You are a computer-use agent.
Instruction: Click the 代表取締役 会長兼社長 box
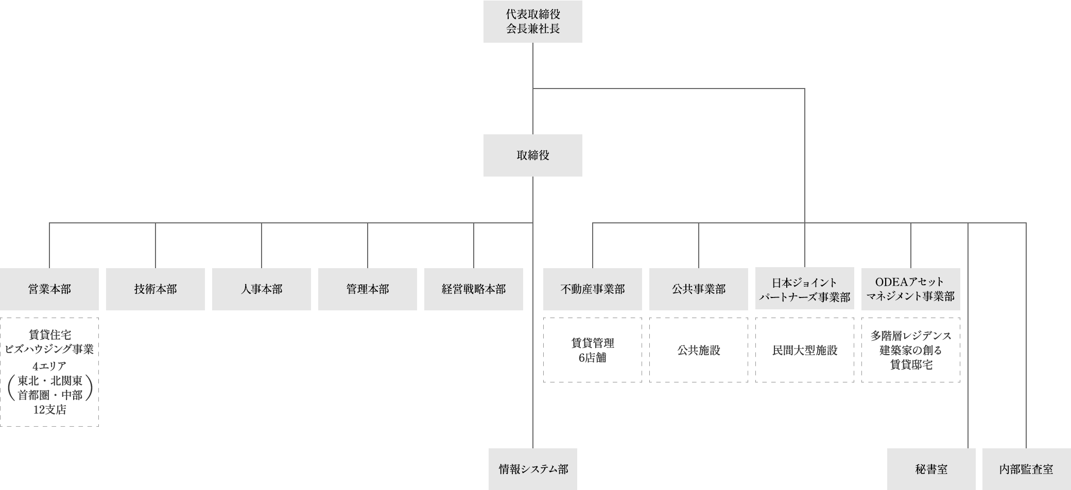click(x=532, y=22)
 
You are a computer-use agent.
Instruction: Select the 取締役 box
click(x=532, y=155)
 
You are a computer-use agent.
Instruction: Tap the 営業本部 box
click(x=49, y=289)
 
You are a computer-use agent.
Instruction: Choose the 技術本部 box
click(x=156, y=289)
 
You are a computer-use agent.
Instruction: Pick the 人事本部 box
click(x=262, y=289)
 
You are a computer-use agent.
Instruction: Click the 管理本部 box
click(x=368, y=289)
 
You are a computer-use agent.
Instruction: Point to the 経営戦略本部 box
click(x=474, y=289)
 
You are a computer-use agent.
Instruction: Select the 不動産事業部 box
click(x=593, y=289)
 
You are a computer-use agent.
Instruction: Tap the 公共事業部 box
click(x=699, y=289)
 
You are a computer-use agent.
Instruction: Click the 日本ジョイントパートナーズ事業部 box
click(x=805, y=289)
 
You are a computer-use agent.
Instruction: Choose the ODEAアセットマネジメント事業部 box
click(x=911, y=289)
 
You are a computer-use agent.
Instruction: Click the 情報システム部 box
click(x=533, y=469)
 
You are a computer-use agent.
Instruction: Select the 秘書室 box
click(x=931, y=469)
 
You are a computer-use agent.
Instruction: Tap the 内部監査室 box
click(x=1026, y=469)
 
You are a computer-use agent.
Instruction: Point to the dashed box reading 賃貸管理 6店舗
click(x=593, y=350)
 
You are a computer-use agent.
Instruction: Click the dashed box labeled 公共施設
click(x=699, y=350)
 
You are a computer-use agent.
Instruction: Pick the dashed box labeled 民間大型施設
click(x=805, y=350)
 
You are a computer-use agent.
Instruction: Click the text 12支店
click(x=50, y=410)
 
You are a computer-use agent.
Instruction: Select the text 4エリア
click(x=50, y=366)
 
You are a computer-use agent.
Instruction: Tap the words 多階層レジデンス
click(x=911, y=336)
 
